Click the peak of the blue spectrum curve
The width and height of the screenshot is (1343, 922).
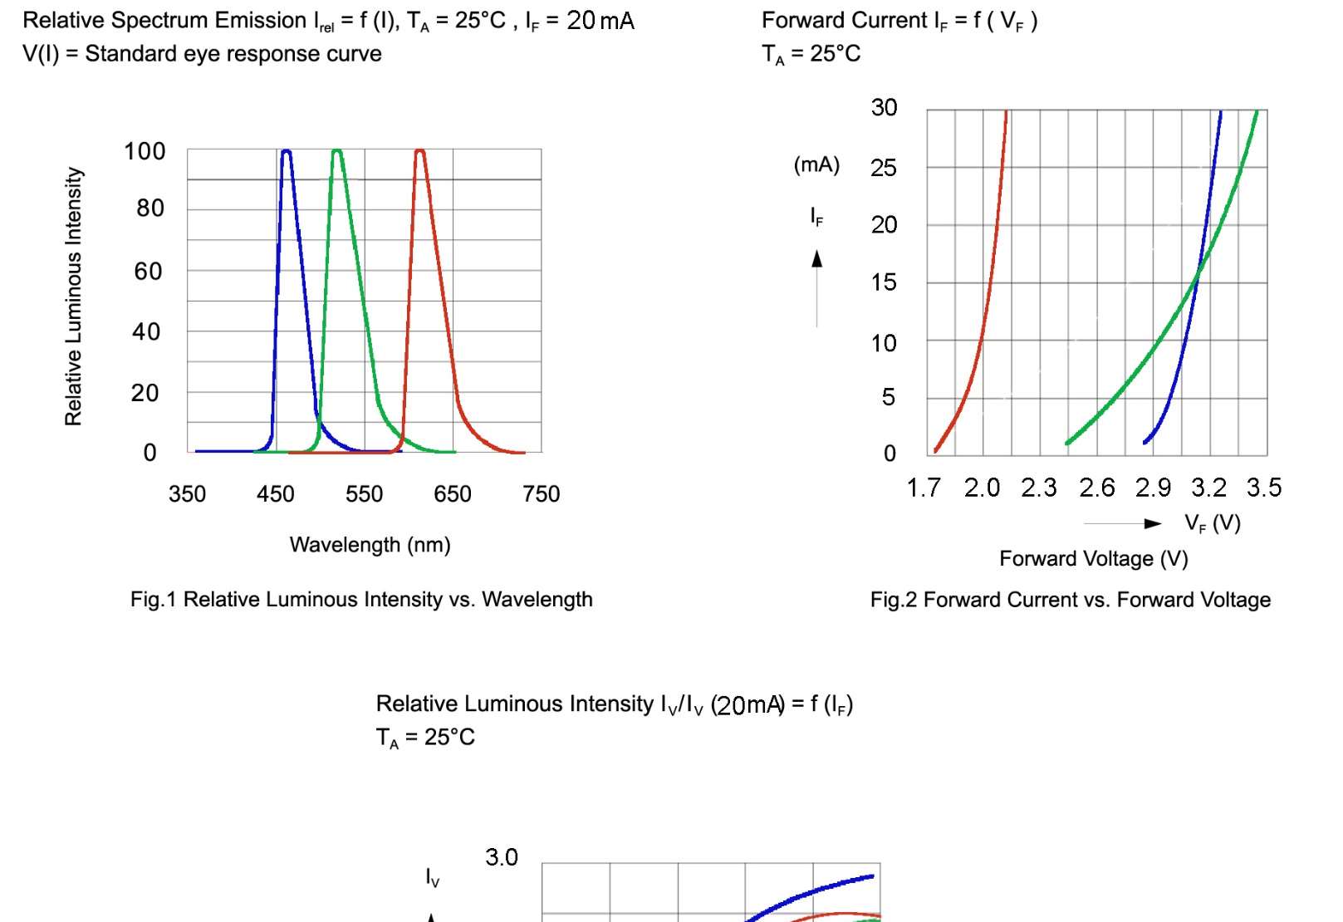point(287,151)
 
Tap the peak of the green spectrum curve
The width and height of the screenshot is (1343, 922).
point(336,151)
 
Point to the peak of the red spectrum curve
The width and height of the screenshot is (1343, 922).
point(419,151)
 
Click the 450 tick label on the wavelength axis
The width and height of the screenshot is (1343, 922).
point(276,494)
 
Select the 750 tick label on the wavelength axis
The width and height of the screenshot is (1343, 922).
point(541,494)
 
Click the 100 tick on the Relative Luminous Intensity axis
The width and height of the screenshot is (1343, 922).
point(145,151)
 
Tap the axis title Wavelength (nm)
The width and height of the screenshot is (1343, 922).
point(370,545)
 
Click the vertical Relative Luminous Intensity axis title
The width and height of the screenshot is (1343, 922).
point(74,297)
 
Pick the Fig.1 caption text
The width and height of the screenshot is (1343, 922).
point(361,600)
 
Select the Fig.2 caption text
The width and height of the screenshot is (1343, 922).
point(1070,600)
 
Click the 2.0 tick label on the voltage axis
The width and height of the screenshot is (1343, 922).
point(982,488)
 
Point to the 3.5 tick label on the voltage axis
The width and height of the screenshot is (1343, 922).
point(1263,488)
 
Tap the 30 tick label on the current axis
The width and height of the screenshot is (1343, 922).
point(884,107)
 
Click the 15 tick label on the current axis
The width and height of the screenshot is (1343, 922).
point(884,282)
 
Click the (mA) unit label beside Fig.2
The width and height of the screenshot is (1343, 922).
point(816,164)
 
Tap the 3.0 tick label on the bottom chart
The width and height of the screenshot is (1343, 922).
point(502,857)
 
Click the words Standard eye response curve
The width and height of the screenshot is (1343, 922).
point(233,54)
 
